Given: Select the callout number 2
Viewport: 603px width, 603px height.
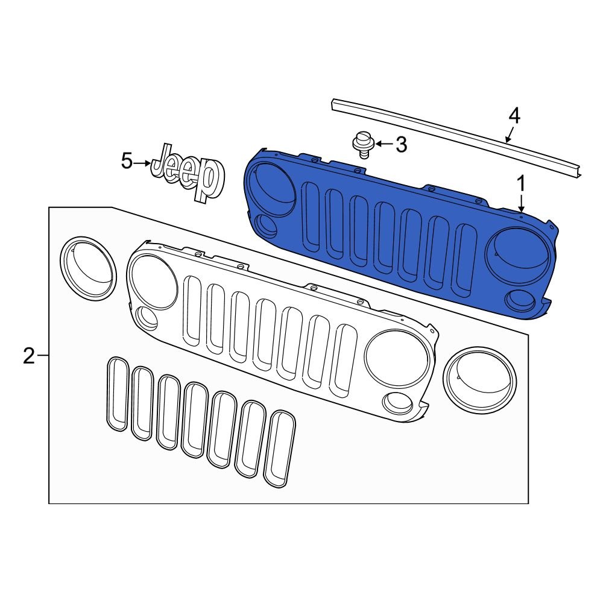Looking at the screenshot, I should tap(28, 356).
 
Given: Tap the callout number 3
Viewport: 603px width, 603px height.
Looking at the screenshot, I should tap(400, 144).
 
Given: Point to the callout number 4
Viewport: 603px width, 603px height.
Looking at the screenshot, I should tap(514, 115).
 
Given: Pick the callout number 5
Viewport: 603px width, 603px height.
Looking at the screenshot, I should tap(126, 162).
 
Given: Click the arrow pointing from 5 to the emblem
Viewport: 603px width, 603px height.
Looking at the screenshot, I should tap(143, 163).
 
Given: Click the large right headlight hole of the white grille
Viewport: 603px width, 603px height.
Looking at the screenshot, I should tap(397, 359).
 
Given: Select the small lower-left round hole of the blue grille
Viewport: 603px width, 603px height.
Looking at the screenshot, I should tap(265, 224).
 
